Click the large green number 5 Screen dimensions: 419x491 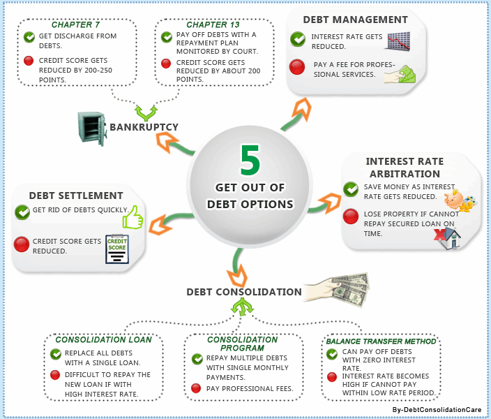click(250, 160)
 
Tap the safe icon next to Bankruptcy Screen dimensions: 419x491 click(91, 128)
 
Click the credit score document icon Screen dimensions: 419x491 click(116, 249)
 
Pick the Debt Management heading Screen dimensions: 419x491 click(355, 20)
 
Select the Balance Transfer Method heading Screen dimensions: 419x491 click(381, 341)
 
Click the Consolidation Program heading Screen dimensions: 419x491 click(242, 344)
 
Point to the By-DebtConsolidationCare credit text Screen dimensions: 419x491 click(437, 410)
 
